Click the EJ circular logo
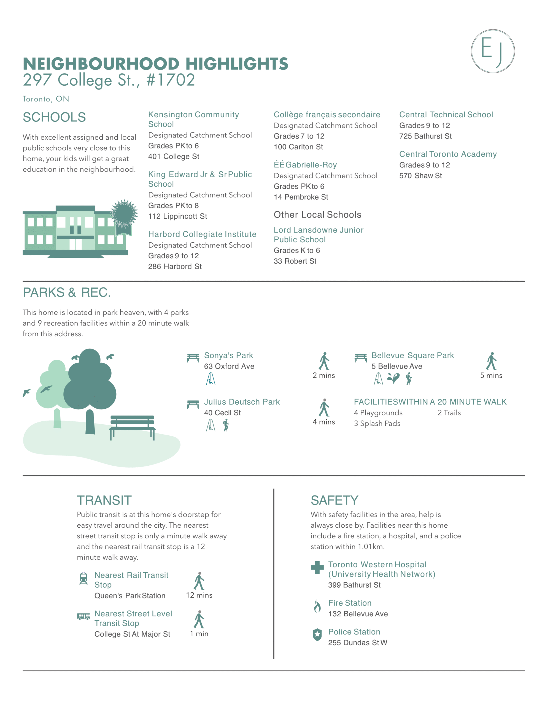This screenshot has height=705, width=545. [x=492, y=51]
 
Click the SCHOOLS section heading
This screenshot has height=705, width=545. [x=54, y=117]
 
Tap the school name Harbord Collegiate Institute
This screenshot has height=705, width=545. [x=202, y=234]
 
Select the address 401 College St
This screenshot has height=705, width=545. [x=174, y=156]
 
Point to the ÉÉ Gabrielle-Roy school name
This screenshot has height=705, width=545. [x=305, y=165]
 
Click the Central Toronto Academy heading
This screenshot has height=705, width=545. [x=448, y=154]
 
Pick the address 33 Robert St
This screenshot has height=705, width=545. [x=295, y=261]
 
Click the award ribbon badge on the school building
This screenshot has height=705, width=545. [x=124, y=215]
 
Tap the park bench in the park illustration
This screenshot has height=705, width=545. [x=132, y=426]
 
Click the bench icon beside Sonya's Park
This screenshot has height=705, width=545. [x=193, y=358]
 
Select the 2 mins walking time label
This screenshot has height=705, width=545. [x=324, y=375]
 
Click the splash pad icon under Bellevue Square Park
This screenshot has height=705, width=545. [x=393, y=378]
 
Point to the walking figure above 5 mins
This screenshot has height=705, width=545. [x=491, y=361]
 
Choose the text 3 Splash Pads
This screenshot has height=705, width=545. [x=377, y=424]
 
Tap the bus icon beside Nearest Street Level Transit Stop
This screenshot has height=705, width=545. [x=83, y=617]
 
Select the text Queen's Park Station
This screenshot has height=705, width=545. [x=129, y=596]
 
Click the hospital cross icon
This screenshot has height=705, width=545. [x=317, y=568]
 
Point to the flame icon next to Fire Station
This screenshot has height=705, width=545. [x=317, y=606]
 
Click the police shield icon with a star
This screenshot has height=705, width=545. [x=317, y=634]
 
